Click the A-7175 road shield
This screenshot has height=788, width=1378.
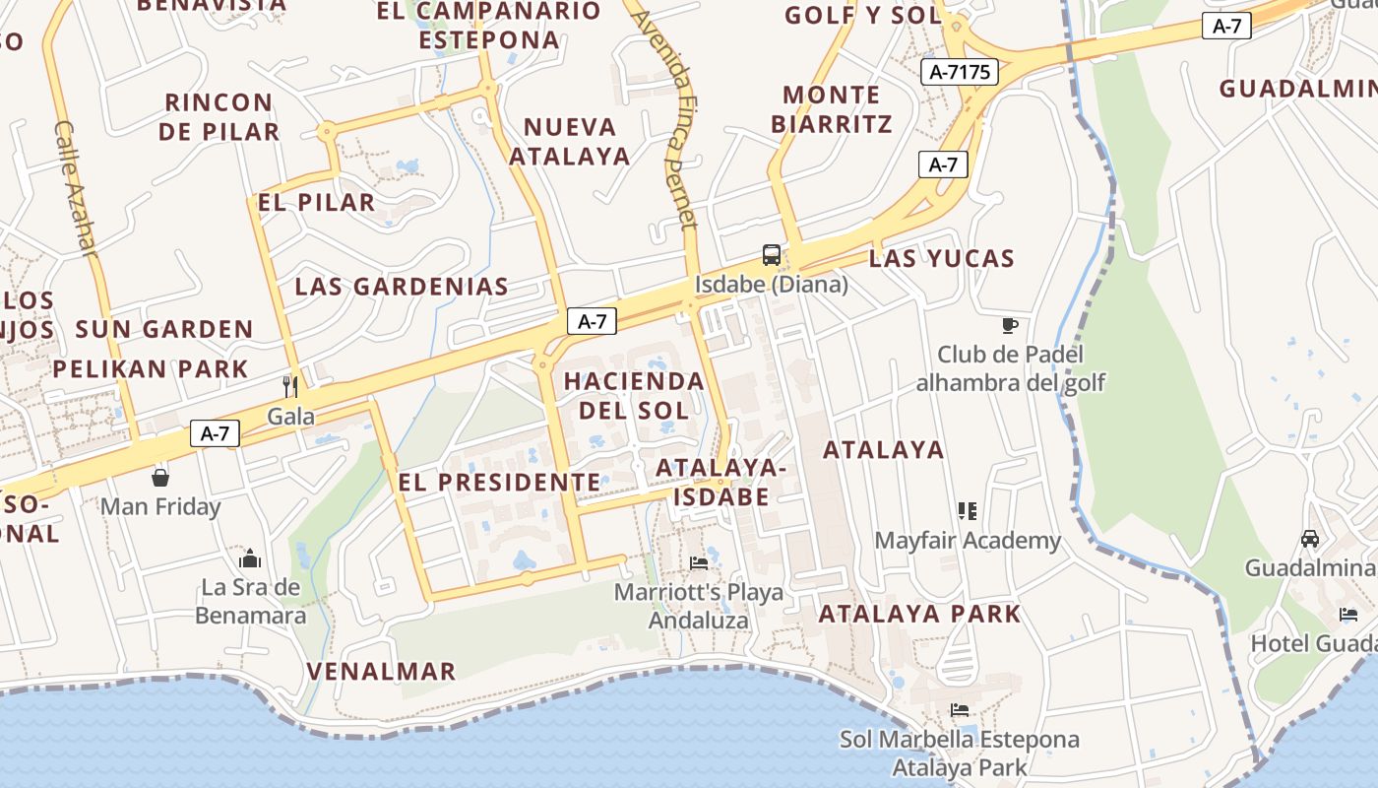(960, 71)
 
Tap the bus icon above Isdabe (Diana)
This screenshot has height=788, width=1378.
(772, 255)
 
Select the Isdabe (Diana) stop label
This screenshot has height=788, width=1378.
(772, 285)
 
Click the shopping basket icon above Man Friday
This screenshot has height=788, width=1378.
(160, 478)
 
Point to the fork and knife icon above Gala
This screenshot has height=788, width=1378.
(290, 386)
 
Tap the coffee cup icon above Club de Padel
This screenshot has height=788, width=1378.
(1009, 324)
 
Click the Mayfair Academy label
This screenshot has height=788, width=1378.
(968, 541)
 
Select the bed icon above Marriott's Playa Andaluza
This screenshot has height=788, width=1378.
(699, 562)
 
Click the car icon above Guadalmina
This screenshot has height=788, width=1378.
(1310, 539)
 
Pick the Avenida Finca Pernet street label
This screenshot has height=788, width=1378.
(668, 118)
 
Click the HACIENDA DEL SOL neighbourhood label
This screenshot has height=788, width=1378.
(634, 395)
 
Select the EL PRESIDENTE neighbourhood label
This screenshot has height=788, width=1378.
(499, 483)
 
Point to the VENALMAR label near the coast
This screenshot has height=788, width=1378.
(381, 672)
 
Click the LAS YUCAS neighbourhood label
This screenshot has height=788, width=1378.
(941, 259)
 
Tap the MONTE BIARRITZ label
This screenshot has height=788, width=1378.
(832, 109)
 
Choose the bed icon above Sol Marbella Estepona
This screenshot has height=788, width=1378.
(960, 710)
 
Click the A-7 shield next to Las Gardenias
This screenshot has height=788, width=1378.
(592, 321)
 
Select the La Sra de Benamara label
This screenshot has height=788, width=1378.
(250, 602)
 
